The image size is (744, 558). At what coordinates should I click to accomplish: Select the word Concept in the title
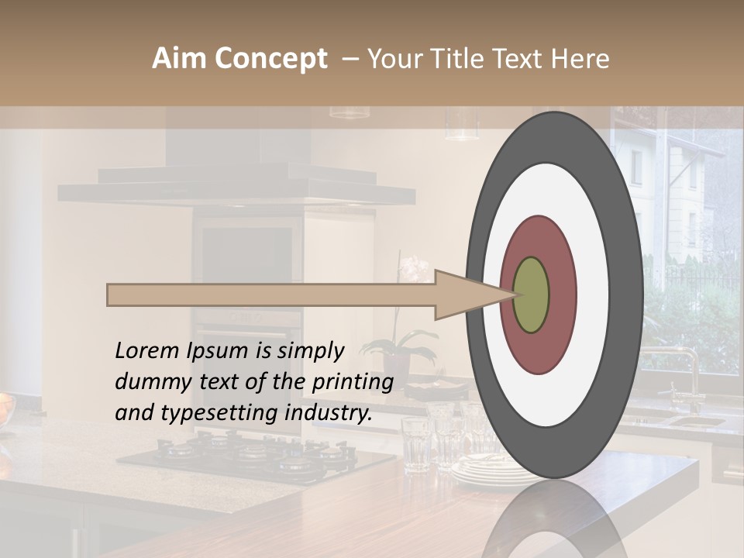click(271, 60)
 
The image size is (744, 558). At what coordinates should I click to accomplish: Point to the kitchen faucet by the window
click(686, 372)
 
